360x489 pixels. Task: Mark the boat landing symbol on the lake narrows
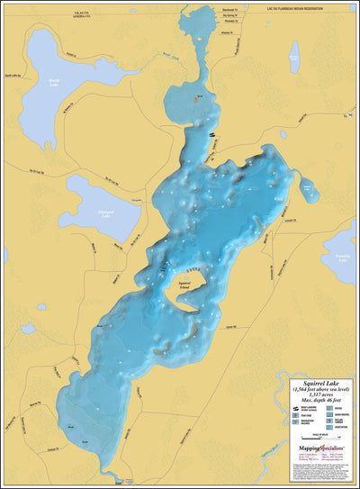[212, 135]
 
